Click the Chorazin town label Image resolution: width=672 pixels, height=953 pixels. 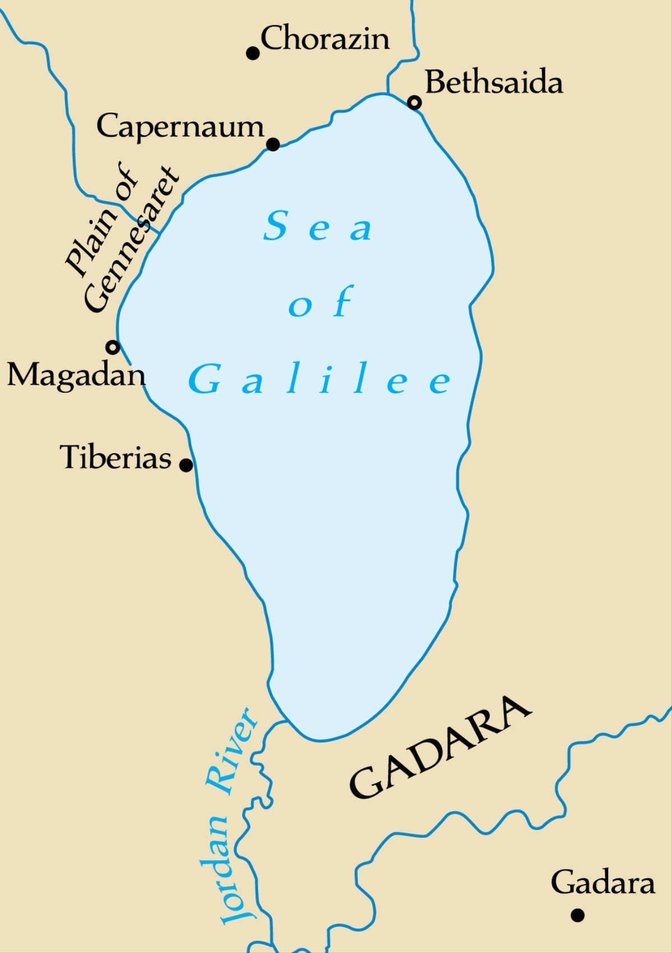click(x=325, y=38)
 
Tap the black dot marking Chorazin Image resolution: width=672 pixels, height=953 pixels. click(x=253, y=53)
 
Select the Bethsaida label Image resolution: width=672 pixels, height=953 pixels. click(x=493, y=82)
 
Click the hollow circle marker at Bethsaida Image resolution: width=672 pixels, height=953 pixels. click(x=414, y=103)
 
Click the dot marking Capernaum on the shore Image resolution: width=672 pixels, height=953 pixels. click(x=273, y=145)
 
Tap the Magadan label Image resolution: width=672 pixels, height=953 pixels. click(x=76, y=374)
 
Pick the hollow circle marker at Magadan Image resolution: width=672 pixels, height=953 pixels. click(x=113, y=347)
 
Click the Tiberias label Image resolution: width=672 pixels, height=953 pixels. click(x=115, y=457)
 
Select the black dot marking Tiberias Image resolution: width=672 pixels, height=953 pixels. click(x=186, y=464)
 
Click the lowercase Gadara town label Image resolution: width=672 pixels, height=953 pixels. click(x=603, y=883)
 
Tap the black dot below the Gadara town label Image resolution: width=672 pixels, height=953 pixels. click(x=577, y=915)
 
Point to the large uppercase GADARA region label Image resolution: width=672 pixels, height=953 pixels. click(x=440, y=747)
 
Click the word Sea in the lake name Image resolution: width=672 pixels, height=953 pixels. click(x=317, y=226)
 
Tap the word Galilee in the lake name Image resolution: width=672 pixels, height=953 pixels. click(x=320, y=379)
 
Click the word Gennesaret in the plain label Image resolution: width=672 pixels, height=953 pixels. click(x=132, y=241)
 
